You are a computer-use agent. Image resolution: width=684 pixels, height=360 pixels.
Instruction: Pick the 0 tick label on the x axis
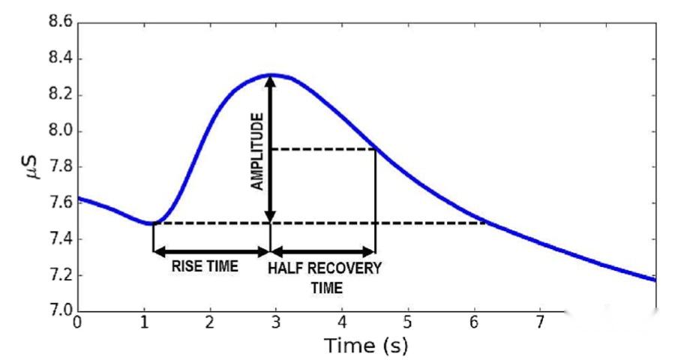pyautogui.click(x=77, y=323)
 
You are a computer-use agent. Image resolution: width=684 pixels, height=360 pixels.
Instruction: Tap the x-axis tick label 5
pyautogui.click(x=408, y=323)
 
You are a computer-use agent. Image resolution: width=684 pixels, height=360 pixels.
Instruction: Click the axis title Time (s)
pyautogui.click(x=366, y=346)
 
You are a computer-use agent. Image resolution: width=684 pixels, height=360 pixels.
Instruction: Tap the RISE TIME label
pyautogui.click(x=205, y=267)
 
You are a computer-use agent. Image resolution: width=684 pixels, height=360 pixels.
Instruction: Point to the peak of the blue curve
pyautogui.click(x=271, y=74)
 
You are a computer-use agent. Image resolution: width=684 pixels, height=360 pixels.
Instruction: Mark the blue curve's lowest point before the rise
pyautogui.click(x=153, y=223)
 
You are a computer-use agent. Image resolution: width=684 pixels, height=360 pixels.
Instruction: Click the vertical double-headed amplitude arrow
pyautogui.click(x=271, y=149)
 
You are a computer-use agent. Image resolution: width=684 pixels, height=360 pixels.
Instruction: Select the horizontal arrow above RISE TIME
pyautogui.click(x=211, y=253)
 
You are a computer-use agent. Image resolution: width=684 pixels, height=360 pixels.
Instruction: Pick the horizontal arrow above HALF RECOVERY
pyautogui.click(x=322, y=253)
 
